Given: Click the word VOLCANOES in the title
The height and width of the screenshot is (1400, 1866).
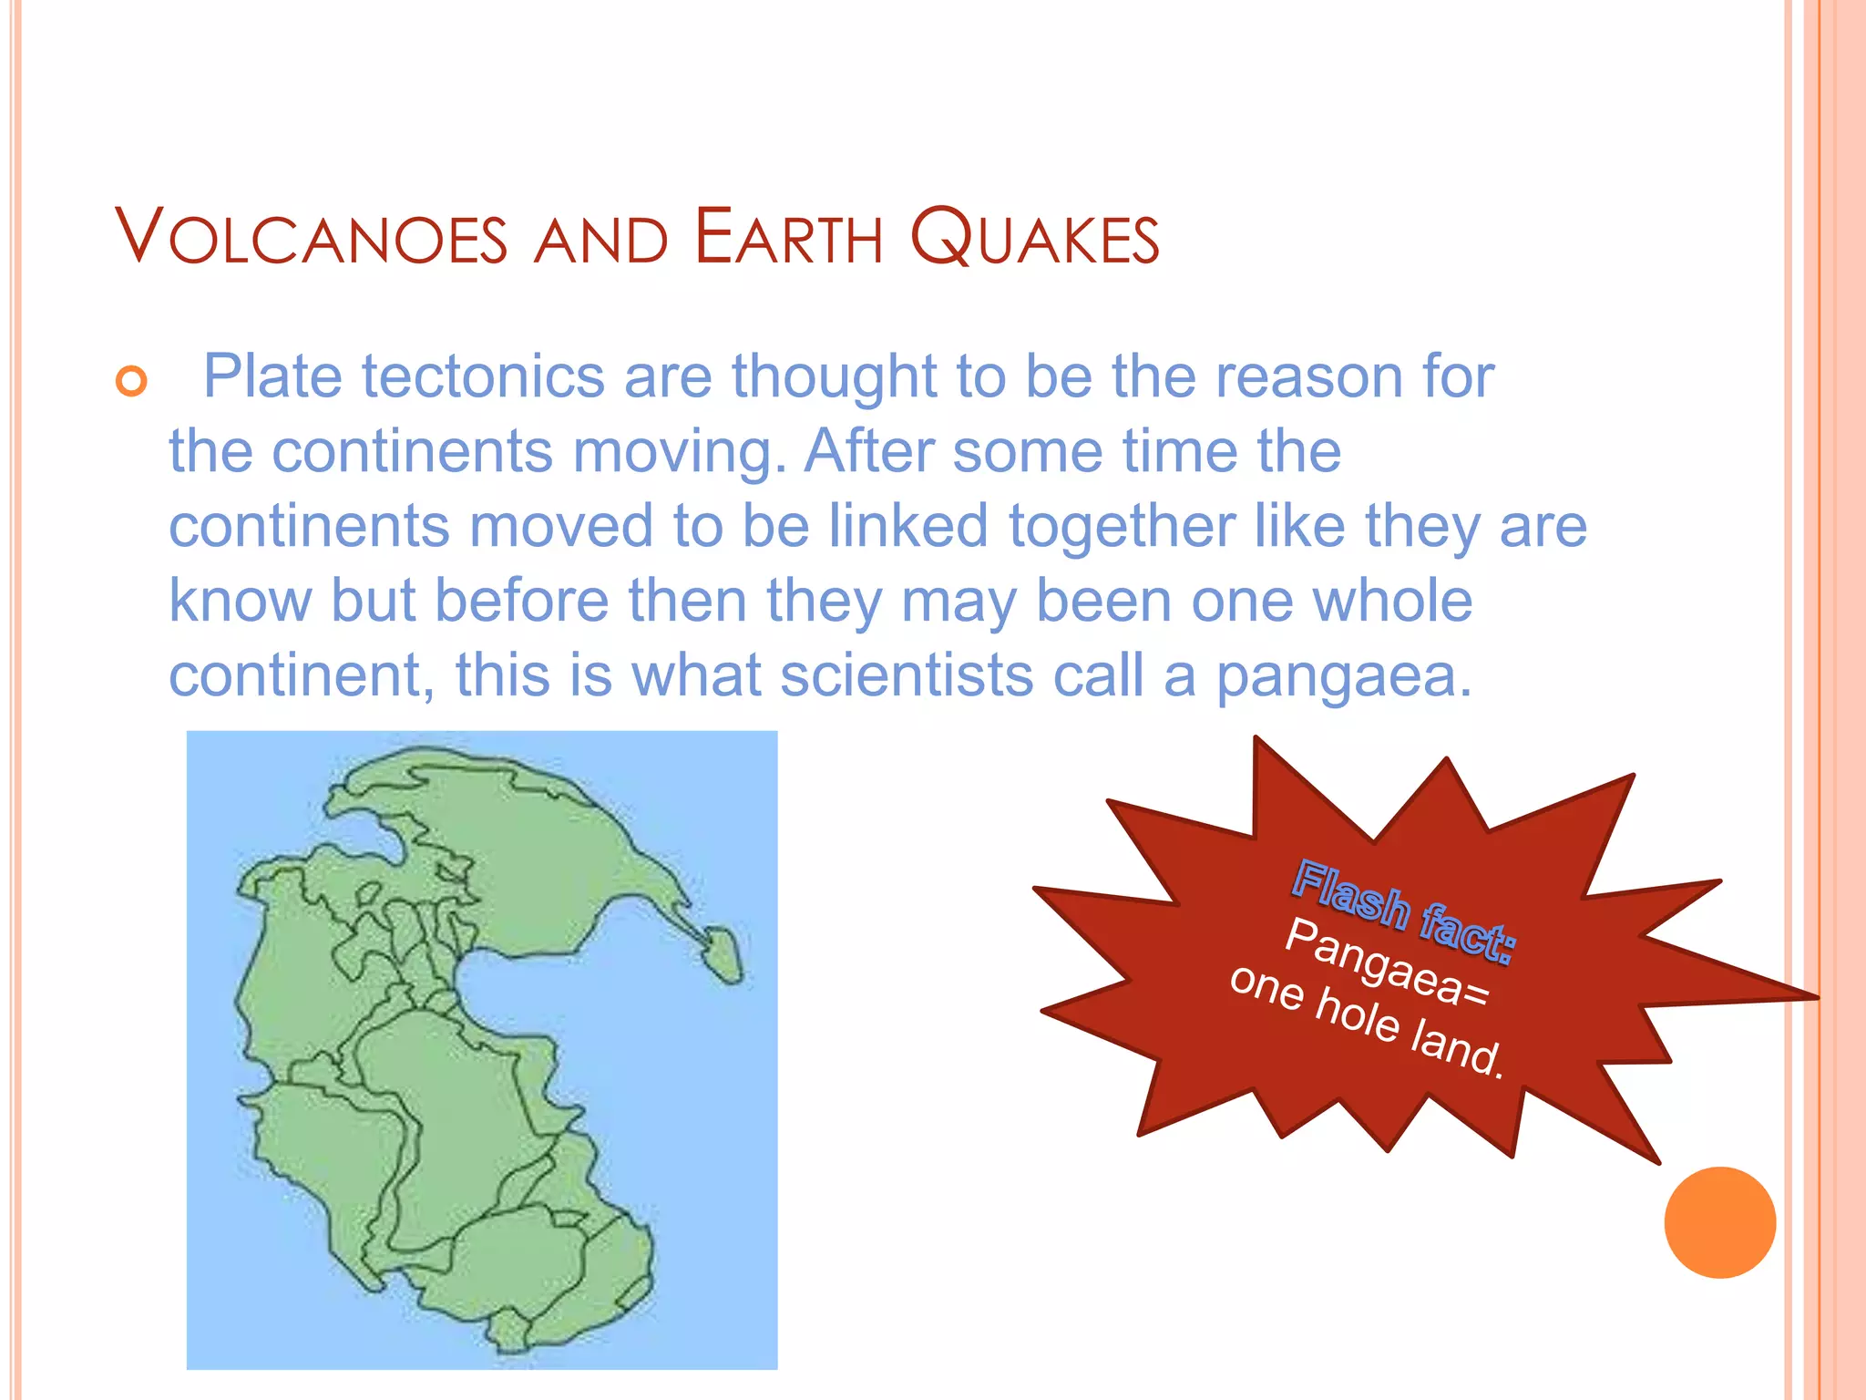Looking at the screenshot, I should click(311, 238).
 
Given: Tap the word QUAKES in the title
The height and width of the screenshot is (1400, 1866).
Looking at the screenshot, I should click(1035, 238).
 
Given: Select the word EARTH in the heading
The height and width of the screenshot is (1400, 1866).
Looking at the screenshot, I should click(788, 238).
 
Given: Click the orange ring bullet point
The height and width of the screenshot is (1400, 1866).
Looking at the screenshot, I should click(132, 380).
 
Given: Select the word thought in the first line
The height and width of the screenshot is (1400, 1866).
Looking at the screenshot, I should click(834, 376).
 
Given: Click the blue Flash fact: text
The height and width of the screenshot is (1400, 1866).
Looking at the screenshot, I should click(1403, 910).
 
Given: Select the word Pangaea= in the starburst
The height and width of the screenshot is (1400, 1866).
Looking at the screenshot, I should click(1387, 962).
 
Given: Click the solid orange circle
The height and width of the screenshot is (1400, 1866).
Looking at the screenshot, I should click(1719, 1221).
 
